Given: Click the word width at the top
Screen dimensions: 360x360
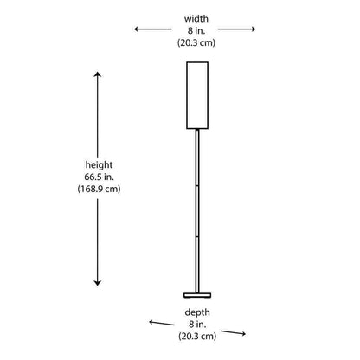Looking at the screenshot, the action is [196, 19].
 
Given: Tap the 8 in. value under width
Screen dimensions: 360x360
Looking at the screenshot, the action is [196, 30].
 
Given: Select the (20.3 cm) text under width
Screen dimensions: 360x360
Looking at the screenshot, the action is [196, 42].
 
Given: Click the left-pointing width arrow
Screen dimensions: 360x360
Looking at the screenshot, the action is [153, 29].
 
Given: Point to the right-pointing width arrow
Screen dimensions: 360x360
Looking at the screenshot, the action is [236, 29].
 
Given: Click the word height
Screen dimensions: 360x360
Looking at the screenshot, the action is [99, 165].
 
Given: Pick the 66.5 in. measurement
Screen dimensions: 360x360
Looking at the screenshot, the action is [99, 177].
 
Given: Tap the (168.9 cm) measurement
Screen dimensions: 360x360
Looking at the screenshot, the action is [99, 189].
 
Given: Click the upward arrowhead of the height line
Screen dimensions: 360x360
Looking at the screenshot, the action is [98, 74].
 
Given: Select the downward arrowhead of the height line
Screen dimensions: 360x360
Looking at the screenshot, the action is [98, 283].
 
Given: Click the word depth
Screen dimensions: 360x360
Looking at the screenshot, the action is [197, 312].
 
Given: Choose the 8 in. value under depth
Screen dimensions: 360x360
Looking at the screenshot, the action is [197, 325].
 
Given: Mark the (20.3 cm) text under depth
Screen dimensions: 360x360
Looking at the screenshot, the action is [197, 337].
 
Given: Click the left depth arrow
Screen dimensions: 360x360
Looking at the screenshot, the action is [162, 323].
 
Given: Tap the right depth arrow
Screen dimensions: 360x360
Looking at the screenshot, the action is [233, 332].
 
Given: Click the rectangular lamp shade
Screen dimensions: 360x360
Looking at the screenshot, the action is [197, 95].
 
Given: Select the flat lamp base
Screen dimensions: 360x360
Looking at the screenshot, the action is [197, 295].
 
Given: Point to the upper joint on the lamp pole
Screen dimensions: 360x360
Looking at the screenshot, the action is [197, 185].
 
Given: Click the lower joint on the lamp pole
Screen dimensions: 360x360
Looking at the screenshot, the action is [197, 237].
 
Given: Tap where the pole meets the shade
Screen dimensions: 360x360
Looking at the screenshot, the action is [197, 129].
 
